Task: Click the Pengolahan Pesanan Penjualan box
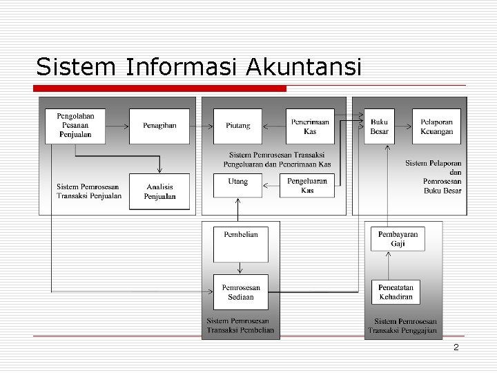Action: [x=75, y=126]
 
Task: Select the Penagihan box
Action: [x=159, y=126]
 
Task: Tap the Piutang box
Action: [x=238, y=126]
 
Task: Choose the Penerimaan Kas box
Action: [x=310, y=126]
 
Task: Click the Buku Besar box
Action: [x=379, y=126]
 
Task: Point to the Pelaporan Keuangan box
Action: [x=436, y=126]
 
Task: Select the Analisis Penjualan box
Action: [x=159, y=191]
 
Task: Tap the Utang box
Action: [x=238, y=185]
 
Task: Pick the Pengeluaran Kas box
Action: [x=307, y=185]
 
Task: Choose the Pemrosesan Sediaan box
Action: [x=241, y=291]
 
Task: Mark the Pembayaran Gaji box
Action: [x=398, y=239]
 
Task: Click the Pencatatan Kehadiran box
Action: [x=396, y=291]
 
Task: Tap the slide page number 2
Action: [x=456, y=347]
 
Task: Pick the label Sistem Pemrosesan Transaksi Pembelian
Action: [x=240, y=325]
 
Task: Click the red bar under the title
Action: [x=160, y=88]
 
